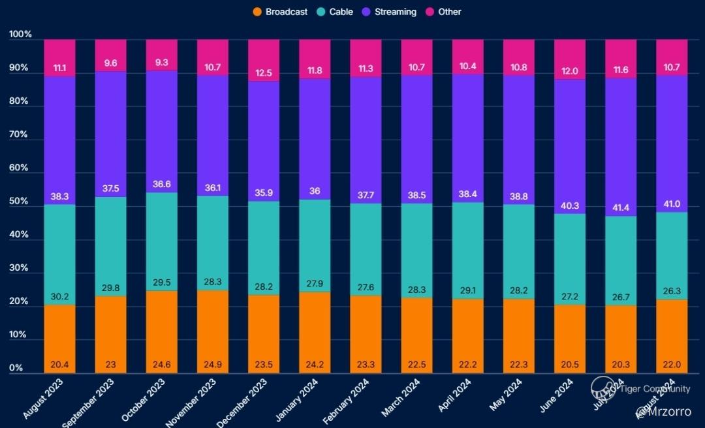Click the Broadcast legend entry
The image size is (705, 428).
[280, 12]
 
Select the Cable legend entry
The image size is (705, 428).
[335, 12]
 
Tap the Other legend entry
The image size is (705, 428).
[443, 12]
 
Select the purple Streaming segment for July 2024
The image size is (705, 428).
[621, 130]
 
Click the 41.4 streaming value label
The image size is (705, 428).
[621, 207]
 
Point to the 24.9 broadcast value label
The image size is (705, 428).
[213, 364]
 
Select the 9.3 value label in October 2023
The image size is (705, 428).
[161, 63]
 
